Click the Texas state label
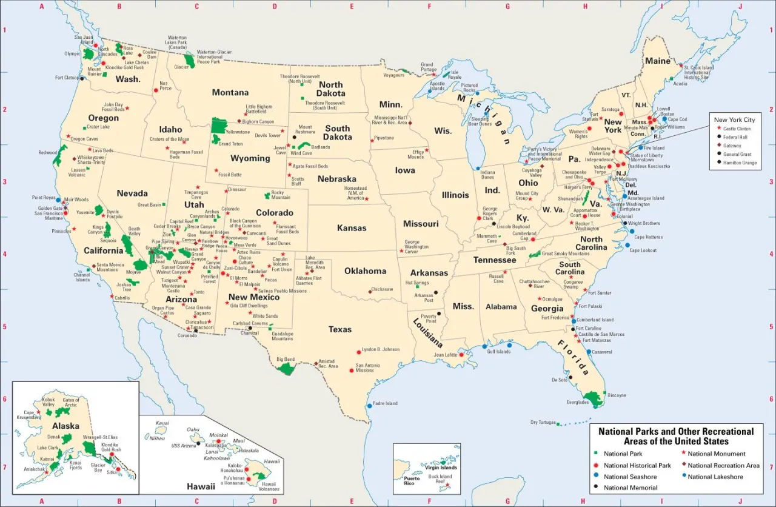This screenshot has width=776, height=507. coord(340,329)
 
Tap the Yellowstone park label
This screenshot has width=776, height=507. coord(237,132)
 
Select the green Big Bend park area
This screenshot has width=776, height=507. coord(286,368)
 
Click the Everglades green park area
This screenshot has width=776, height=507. coord(593,398)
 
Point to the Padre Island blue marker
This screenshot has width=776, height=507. coord(369,406)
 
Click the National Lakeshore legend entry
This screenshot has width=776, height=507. coord(715,477)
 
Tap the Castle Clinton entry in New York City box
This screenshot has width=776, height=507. coord(737,129)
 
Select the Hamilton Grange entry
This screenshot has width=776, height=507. coord(739,163)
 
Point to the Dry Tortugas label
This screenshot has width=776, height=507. coord(542,422)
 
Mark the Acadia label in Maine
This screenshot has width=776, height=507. coord(680,84)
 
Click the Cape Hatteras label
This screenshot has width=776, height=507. coord(648,237)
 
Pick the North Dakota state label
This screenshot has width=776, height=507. coord(330,89)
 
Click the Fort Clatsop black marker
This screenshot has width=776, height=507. coord(82,78)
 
